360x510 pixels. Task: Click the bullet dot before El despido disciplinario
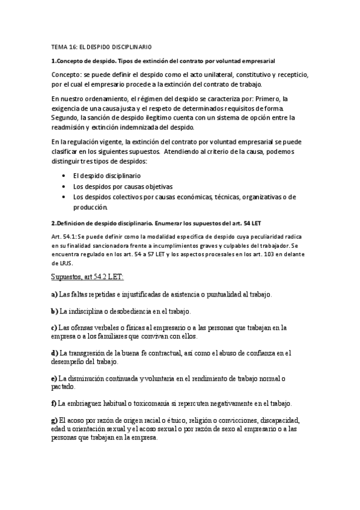coord(64,176)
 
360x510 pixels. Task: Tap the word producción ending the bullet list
coord(91,207)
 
